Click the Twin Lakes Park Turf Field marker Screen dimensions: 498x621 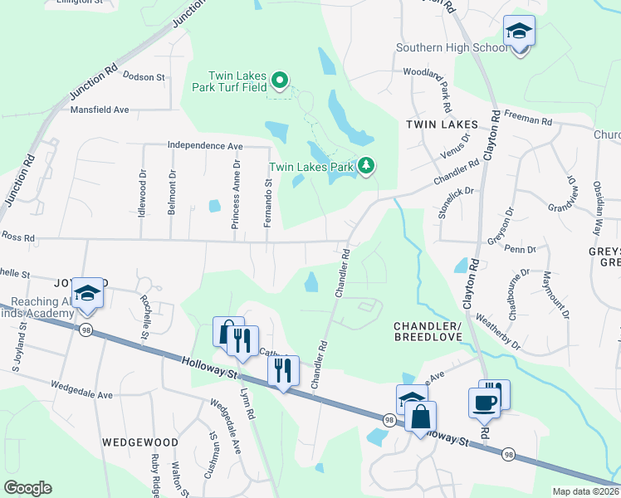click(x=281, y=80)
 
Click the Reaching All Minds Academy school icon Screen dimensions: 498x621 click(x=86, y=295)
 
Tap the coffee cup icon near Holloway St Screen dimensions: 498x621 click(x=484, y=403)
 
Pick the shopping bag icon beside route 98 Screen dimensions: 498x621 click(x=420, y=415)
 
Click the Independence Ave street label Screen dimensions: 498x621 click(x=205, y=145)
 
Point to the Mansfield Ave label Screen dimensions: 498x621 click(x=100, y=110)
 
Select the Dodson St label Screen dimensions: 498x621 click(x=144, y=76)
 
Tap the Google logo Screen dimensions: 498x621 click(x=27, y=488)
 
